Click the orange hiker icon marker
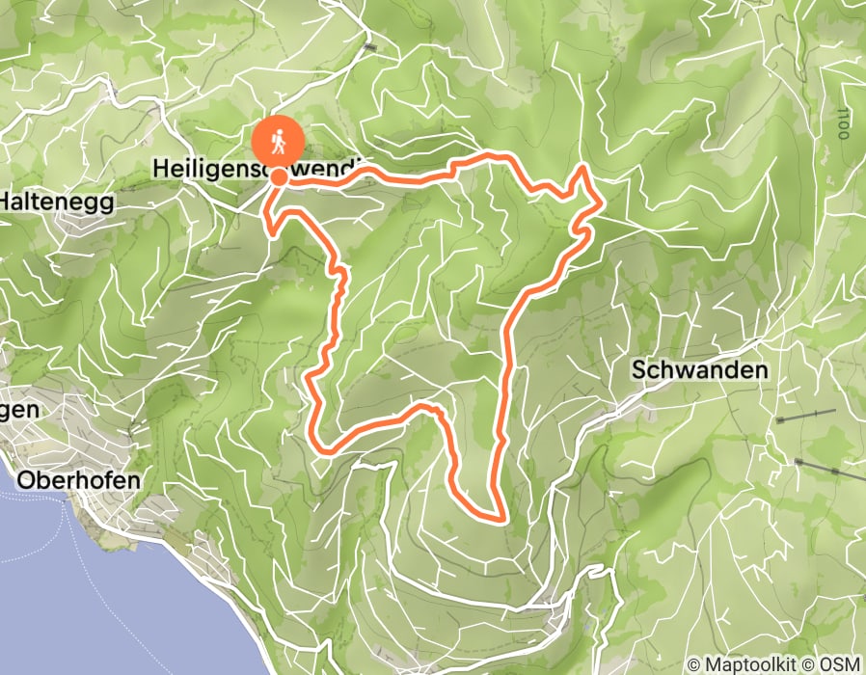point(278,143)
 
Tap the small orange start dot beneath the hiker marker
point(279,176)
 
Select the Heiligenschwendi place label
point(256,169)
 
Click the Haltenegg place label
point(56,202)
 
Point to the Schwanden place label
point(700,369)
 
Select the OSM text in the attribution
point(841,663)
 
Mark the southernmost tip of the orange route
point(500,520)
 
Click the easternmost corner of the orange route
point(604,203)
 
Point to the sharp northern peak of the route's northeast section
point(583,168)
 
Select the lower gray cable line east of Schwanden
point(829,470)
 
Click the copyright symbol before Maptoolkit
point(695,663)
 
